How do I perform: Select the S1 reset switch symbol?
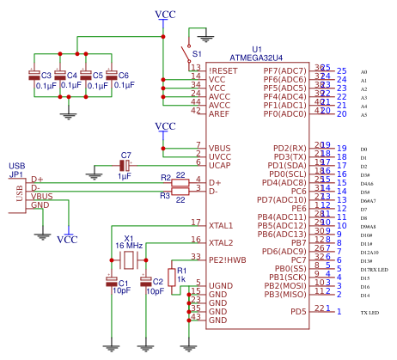186,53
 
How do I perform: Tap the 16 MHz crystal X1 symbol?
128,259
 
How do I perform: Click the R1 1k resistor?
171,278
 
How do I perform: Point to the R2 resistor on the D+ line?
180,182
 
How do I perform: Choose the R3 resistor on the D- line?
180,191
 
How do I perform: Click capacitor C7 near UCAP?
124,164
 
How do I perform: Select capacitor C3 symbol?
34,76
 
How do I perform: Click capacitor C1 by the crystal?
110,280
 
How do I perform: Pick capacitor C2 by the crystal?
145,280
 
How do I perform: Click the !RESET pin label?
221,69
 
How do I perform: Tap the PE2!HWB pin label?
226,258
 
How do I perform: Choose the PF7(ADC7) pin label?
284,70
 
